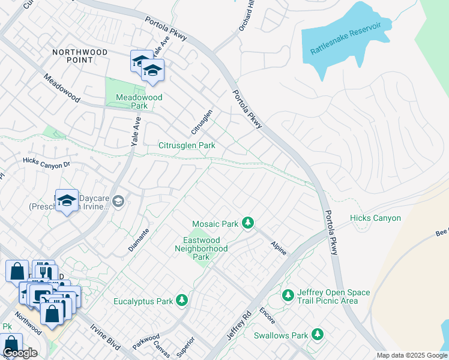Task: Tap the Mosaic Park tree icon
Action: [x=247, y=223]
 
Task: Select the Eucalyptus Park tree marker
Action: [x=182, y=301]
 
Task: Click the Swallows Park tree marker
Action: [x=317, y=335]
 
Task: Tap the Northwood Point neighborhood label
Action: [x=80, y=56]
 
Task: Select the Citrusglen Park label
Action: [x=186, y=146]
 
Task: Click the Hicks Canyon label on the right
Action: [x=375, y=218]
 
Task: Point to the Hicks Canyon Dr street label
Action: [x=46, y=161]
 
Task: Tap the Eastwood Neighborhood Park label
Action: [x=201, y=248]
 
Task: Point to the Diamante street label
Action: [x=139, y=239]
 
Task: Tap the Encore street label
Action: [x=267, y=317]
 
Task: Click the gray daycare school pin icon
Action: [x=118, y=201]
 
